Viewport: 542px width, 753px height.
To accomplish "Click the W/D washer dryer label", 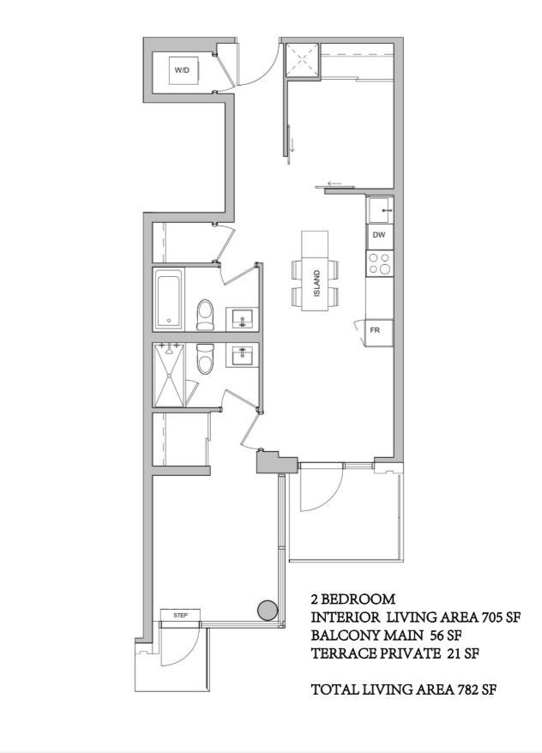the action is click(182, 70).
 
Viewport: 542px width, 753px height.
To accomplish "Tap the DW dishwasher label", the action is click(379, 235).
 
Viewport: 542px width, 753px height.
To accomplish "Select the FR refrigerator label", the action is click(375, 330).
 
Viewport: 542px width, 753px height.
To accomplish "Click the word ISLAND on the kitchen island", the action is click(316, 283).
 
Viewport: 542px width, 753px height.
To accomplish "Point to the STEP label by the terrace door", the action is click(180, 615).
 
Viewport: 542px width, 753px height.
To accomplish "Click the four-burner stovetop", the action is click(379, 263).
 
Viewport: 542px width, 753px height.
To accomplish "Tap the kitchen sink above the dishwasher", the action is click(380, 210).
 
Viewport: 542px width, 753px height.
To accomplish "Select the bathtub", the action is click(168, 299).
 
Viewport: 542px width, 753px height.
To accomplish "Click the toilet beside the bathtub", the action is click(205, 315).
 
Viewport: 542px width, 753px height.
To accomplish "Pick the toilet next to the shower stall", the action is click(205, 359).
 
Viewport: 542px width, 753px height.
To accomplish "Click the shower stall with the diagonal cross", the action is click(168, 375).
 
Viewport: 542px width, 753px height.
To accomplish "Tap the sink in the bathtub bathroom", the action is click(242, 319).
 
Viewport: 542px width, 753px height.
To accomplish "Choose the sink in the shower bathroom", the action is click(242, 355).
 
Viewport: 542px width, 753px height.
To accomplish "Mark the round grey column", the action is click(268, 610).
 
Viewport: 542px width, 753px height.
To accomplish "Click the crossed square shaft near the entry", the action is click(303, 61).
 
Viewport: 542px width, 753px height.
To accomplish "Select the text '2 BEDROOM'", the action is click(353, 599).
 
